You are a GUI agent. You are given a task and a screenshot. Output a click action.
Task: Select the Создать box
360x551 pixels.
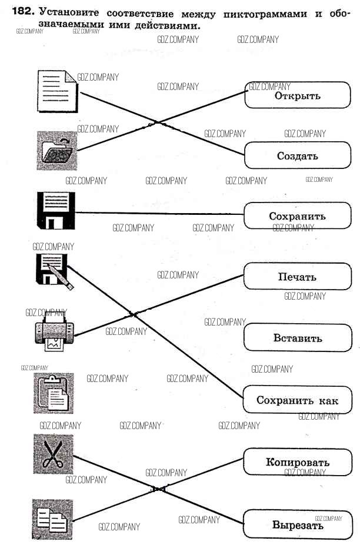pos(297,156)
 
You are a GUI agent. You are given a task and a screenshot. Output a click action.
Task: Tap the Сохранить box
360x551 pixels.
pos(297,216)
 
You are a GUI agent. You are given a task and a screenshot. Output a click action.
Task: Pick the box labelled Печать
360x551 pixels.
pos(297,277)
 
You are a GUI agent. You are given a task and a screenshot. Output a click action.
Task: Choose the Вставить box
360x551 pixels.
pos(297,338)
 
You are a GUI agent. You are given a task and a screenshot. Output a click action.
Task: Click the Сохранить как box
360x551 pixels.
pos(297,400)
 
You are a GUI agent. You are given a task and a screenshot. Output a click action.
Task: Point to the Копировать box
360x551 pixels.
pos(297,462)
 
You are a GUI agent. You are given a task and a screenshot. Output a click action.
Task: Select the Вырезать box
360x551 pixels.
pos(297,525)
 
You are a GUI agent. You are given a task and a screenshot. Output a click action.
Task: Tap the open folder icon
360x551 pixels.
pos(56,150)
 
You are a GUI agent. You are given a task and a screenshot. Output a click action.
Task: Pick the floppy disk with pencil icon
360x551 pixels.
pos(54,271)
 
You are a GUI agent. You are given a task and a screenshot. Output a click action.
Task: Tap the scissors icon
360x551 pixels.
pos(53,454)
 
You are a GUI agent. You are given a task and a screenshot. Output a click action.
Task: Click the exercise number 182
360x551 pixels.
pos(24,11)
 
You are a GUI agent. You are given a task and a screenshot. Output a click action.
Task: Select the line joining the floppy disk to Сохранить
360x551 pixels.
pos(159,213)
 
